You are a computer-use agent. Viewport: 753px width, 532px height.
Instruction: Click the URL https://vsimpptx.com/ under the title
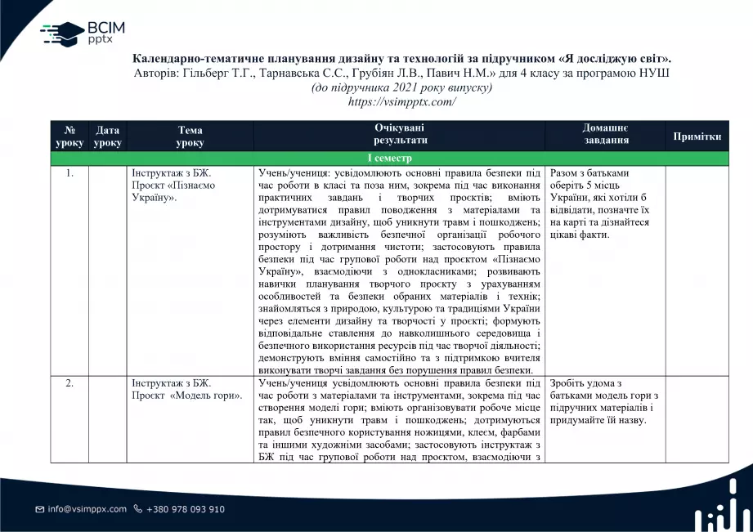tap(401, 101)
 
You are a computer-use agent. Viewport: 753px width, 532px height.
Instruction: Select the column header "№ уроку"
tap(69, 136)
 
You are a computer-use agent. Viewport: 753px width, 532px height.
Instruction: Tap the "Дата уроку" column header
tap(107, 136)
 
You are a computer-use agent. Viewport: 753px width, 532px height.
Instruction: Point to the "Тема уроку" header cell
tap(190, 136)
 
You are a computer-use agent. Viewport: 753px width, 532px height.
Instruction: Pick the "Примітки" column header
tap(697, 136)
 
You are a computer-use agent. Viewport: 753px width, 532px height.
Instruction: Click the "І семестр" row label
tap(389, 159)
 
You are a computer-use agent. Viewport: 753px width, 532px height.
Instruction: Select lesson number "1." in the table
tap(69, 173)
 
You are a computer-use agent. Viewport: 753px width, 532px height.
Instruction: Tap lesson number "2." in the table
tap(69, 382)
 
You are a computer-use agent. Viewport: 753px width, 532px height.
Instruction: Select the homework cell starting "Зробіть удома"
tap(604, 401)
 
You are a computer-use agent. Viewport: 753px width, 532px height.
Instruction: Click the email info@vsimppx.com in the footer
tap(87, 509)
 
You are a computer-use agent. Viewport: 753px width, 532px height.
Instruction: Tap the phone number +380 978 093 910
tap(185, 509)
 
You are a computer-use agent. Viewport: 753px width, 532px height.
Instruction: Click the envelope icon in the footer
tap(39, 509)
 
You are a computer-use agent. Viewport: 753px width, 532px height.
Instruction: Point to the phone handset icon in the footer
tap(137, 509)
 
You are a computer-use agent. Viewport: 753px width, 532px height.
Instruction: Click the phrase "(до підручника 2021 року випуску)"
tap(401, 87)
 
